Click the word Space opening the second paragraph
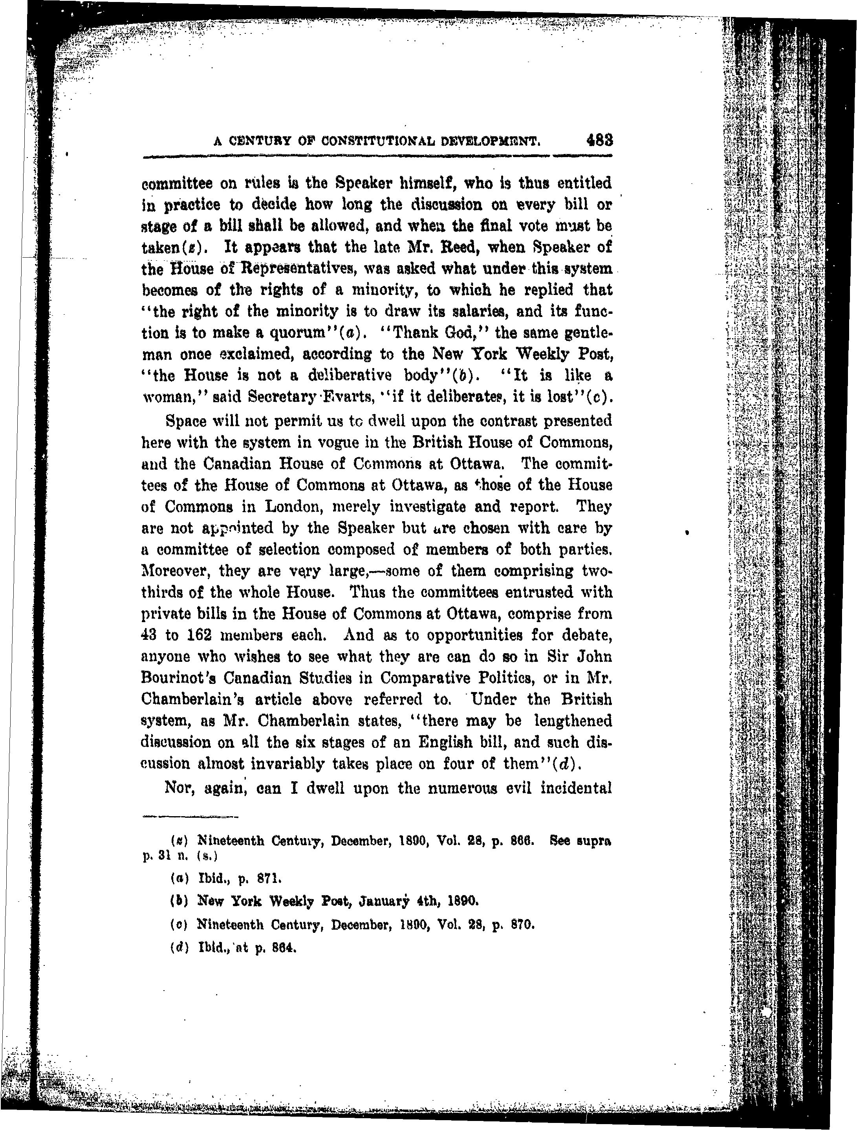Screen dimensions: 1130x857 (x=184, y=421)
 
